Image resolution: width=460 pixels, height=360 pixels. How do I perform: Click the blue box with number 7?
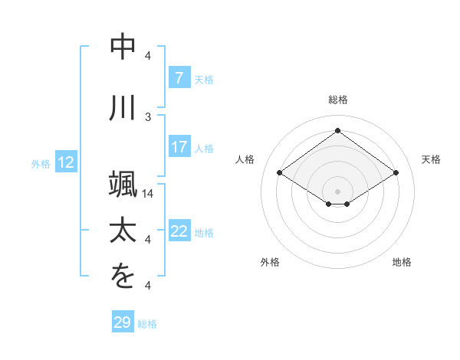point(179,78)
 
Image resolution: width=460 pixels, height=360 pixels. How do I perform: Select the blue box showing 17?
point(179,147)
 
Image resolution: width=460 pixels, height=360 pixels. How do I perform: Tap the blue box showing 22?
point(179,231)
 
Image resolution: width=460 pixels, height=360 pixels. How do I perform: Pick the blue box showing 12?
point(66,162)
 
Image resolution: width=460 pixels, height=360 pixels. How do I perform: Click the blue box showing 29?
point(123,322)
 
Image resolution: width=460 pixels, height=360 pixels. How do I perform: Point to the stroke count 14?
point(149,194)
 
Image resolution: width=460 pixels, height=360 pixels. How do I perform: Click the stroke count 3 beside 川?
point(149,116)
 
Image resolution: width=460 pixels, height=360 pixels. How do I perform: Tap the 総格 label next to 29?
point(147,324)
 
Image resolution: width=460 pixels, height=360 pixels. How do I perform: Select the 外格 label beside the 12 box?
point(41,163)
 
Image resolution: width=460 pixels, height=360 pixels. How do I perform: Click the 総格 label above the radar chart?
point(337,100)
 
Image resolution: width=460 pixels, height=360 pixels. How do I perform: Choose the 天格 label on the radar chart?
point(432,159)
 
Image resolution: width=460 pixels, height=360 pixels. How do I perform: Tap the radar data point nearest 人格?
point(280,173)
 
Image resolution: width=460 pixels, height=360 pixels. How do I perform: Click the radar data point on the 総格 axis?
point(337,131)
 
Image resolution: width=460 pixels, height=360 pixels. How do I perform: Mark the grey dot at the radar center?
point(337,191)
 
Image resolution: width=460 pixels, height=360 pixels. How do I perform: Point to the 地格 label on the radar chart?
point(402,262)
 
